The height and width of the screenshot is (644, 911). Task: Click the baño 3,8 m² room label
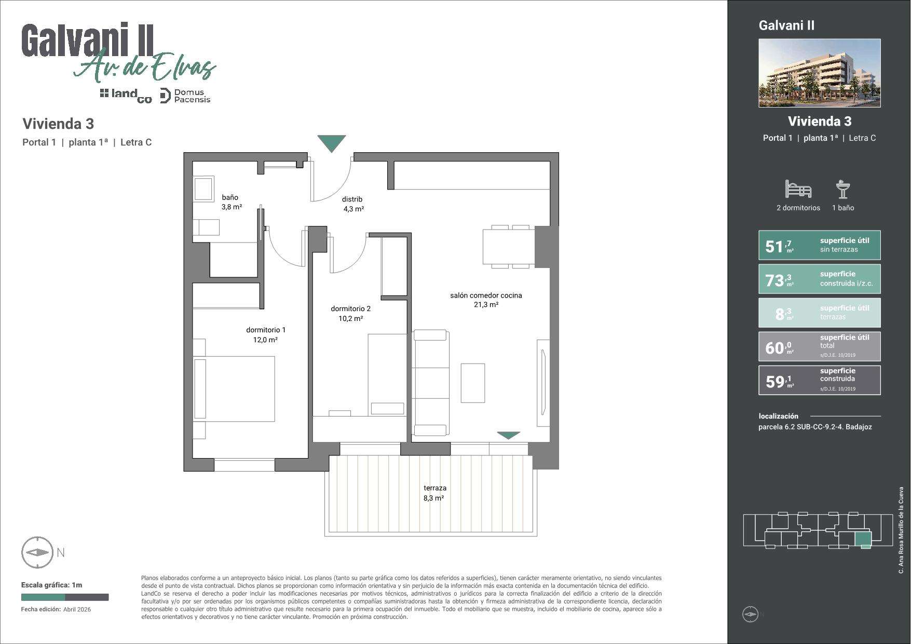pos(232,202)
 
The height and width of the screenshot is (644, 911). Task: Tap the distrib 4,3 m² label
pos(353,204)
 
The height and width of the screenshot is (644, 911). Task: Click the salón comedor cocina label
pos(486,296)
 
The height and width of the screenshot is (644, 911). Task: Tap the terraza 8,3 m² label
pos(434,493)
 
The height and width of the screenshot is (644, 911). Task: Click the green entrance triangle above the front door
pos(331,143)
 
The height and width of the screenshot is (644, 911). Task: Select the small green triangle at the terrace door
pos(508,435)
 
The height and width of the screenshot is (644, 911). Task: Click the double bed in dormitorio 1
pos(234,388)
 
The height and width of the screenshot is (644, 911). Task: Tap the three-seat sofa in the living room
pos(431,383)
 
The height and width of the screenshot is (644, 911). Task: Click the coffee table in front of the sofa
pos(472,383)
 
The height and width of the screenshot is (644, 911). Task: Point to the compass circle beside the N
pos(37,553)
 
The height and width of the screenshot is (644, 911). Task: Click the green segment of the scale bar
pos(43,597)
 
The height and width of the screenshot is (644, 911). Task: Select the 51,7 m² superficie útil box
pos(819,245)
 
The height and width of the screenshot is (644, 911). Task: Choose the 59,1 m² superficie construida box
pos(819,380)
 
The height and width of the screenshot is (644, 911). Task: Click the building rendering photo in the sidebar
pos(819,73)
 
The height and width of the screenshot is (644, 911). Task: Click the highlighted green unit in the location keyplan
pos(863,541)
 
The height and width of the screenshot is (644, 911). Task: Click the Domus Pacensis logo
pos(185,96)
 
